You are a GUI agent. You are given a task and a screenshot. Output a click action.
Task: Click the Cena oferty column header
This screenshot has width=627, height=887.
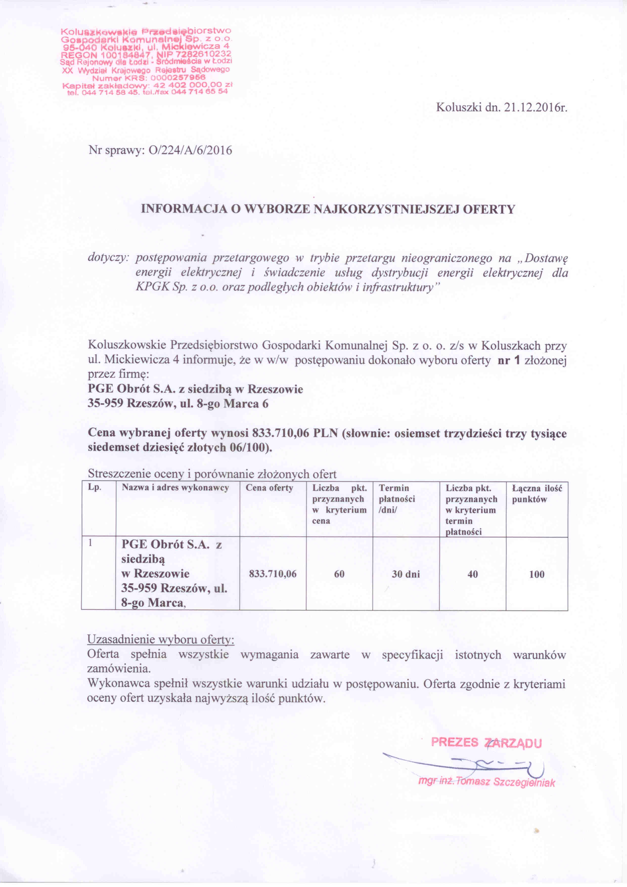pos(270,488)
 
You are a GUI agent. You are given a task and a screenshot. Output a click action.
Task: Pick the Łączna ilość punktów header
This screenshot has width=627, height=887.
pos(537,494)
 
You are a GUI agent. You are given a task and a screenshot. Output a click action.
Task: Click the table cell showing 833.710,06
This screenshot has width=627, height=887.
pos(273,574)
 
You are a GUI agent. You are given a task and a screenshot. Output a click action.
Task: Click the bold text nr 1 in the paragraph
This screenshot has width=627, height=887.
pos(510,361)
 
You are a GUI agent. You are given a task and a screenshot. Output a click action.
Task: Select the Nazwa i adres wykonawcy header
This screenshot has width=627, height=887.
pos(176,488)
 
